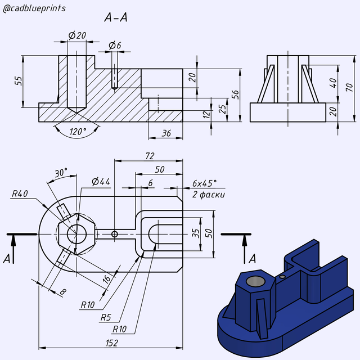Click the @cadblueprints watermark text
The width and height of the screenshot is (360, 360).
tap(34, 8)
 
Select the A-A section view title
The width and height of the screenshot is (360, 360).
tap(116, 17)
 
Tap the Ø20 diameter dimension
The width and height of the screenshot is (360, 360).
tap(77, 35)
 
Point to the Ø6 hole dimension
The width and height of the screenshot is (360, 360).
tap(115, 45)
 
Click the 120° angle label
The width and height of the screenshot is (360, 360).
tap(78, 132)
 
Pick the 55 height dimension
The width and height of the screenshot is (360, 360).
tap(19, 80)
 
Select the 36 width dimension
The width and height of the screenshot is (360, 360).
tap(166, 133)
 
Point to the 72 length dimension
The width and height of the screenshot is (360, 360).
tap(150, 156)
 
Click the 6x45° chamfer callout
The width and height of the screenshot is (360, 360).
tap(204, 183)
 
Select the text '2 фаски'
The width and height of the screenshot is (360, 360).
tap(208, 195)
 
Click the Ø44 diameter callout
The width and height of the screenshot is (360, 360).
tap(101, 181)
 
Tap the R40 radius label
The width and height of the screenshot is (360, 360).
tap(20, 193)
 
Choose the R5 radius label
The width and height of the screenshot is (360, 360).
tap(106, 317)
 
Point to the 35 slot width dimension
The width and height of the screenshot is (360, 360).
tap(195, 233)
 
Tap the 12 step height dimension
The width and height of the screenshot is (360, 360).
tap(206, 115)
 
